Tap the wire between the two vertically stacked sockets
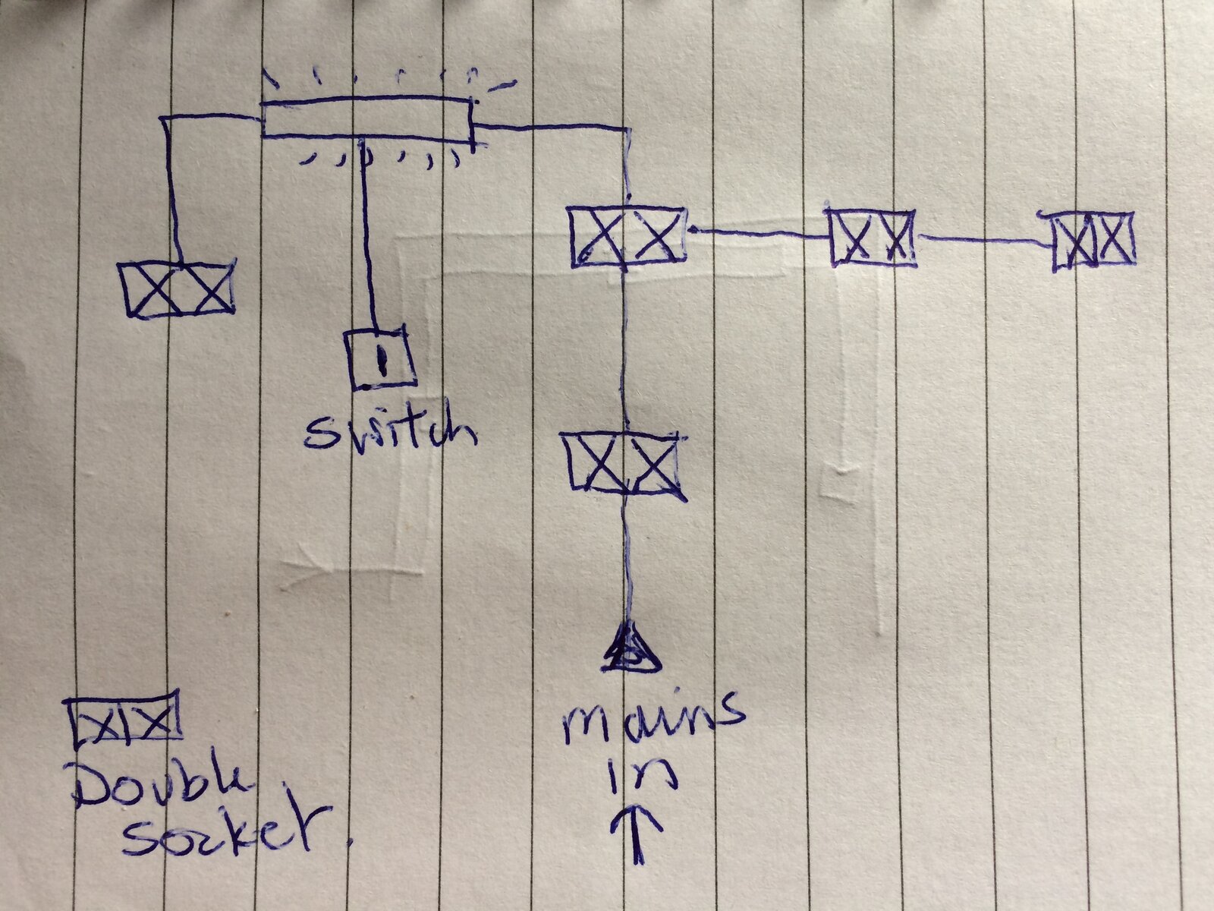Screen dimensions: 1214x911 [624, 351]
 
